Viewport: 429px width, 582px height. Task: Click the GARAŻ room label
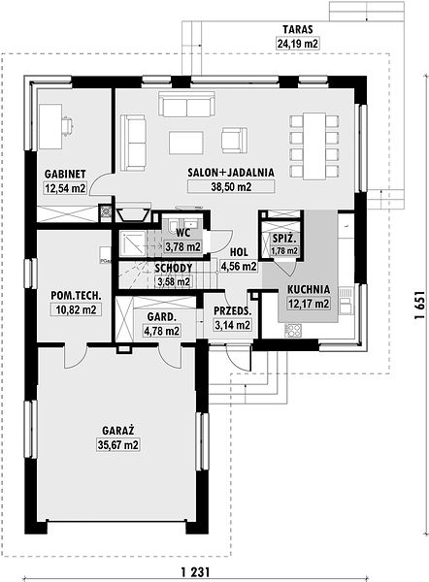click(118, 431)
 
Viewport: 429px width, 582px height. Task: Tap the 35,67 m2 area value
click(118, 444)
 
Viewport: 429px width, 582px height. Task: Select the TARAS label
click(298, 29)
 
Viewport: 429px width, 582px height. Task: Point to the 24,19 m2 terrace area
click(298, 44)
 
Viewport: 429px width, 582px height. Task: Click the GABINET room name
click(65, 174)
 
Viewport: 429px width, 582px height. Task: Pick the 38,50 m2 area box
click(231, 186)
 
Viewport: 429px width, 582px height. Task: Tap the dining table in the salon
click(314, 145)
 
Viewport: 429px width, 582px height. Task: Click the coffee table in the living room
click(186, 143)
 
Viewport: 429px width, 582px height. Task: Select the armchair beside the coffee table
click(234, 140)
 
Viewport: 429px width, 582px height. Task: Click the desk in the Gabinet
click(50, 126)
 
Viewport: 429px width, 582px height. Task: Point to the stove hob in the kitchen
click(293, 331)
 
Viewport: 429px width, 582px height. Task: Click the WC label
click(183, 233)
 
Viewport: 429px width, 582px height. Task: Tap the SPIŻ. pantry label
click(284, 239)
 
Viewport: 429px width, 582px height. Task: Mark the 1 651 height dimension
click(419, 305)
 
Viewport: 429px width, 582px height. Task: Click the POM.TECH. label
click(76, 296)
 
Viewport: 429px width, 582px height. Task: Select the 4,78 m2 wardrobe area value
click(161, 330)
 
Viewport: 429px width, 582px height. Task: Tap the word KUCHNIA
click(309, 289)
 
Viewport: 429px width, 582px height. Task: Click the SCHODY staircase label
click(174, 268)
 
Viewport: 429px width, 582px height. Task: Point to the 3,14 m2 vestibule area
click(233, 325)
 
